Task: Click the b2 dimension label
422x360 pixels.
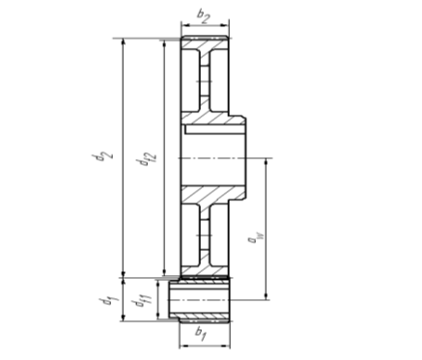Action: click(204, 16)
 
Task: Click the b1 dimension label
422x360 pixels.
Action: click(201, 334)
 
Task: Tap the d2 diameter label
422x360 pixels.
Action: click(102, 156)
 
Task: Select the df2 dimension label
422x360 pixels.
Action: click(148, 158)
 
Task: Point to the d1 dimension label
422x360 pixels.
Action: click(108, 302)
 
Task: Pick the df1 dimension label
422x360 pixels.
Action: click(140, 302)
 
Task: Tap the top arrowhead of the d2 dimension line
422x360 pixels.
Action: click(123, 42)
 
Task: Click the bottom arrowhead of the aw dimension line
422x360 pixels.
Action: click(266, 296)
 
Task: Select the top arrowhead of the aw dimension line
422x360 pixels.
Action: click(266, 162)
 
